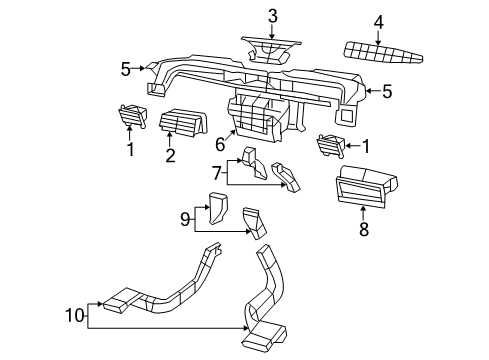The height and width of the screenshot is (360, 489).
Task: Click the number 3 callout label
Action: [x=272, y=15]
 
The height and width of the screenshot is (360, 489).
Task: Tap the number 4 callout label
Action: [x=378, y=21]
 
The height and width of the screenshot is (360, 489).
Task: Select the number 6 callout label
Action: [x=219, y=144]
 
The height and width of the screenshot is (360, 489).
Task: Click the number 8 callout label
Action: [x=364, y=230]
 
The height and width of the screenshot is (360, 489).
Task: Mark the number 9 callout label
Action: [x=185, y=218]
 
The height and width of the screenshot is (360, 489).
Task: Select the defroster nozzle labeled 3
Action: [x=271, y=47]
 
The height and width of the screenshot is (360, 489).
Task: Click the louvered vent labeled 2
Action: [x=181, y=122]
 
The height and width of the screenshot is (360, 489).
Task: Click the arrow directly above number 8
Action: [x=364, y=212]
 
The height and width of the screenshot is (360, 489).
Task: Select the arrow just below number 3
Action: [x=272, y=31]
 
